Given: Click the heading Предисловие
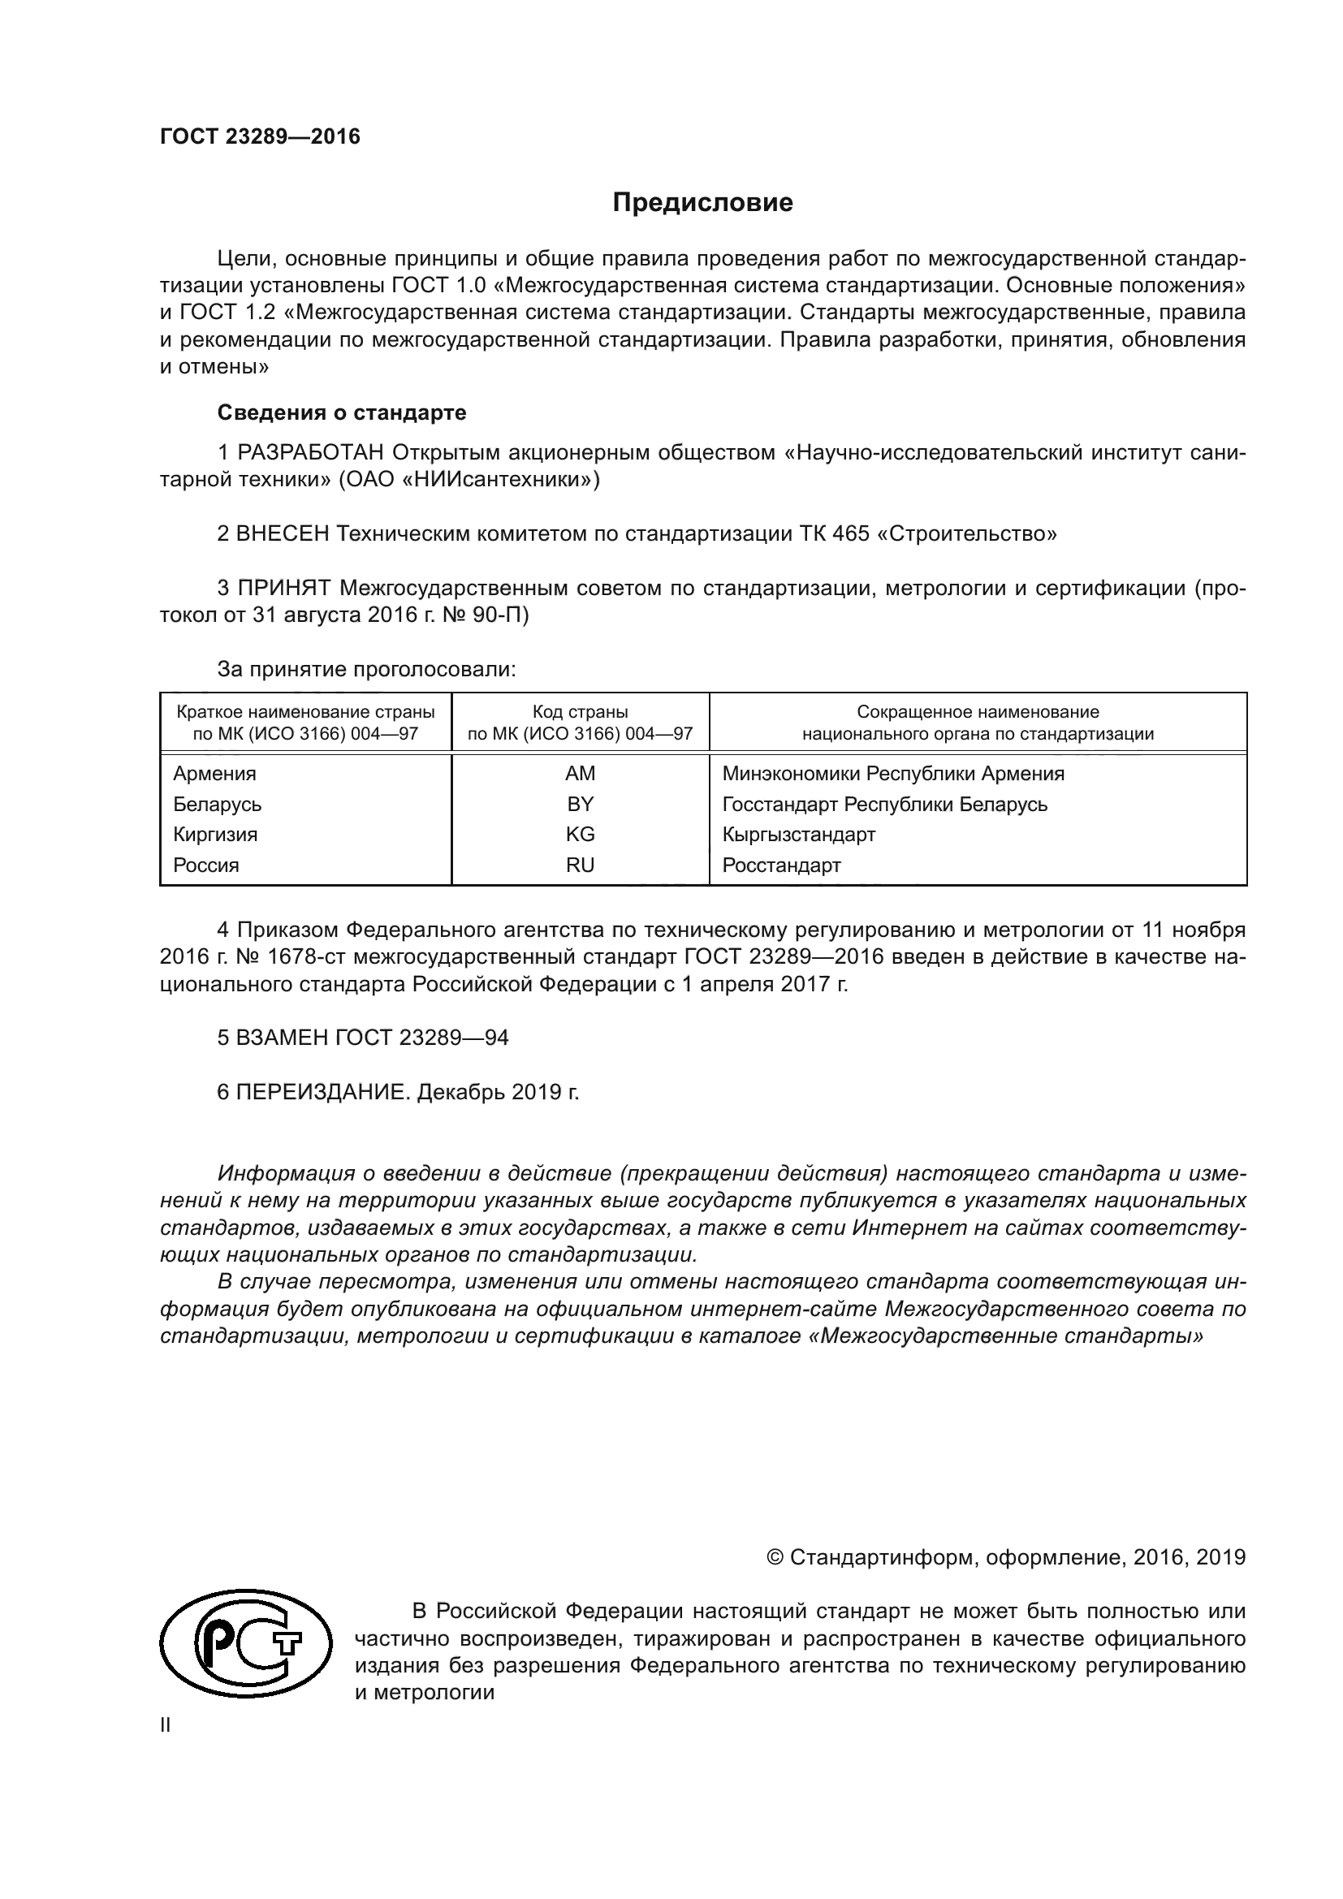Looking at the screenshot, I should (702, 203).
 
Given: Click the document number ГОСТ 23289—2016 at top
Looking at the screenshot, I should (260, 136).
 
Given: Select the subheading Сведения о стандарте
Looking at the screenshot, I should (342, 412).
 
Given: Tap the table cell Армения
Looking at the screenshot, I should (214, 774).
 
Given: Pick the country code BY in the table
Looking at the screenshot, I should (580, 804).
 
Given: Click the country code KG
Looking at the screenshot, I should (580, 835).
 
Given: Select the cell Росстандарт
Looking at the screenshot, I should (780, 865).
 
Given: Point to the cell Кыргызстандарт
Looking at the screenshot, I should (798, 835).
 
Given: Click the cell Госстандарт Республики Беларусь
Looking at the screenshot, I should (884, 804).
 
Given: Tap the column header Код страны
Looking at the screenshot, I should (580, 712).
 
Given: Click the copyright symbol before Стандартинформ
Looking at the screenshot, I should (775, 1558).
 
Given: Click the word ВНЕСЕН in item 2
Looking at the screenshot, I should (283, 533).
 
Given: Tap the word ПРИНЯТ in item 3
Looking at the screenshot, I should (284, 588).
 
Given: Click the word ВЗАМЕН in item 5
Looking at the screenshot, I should (283, 1037).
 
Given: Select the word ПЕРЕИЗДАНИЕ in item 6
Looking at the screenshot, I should (322, 1092).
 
